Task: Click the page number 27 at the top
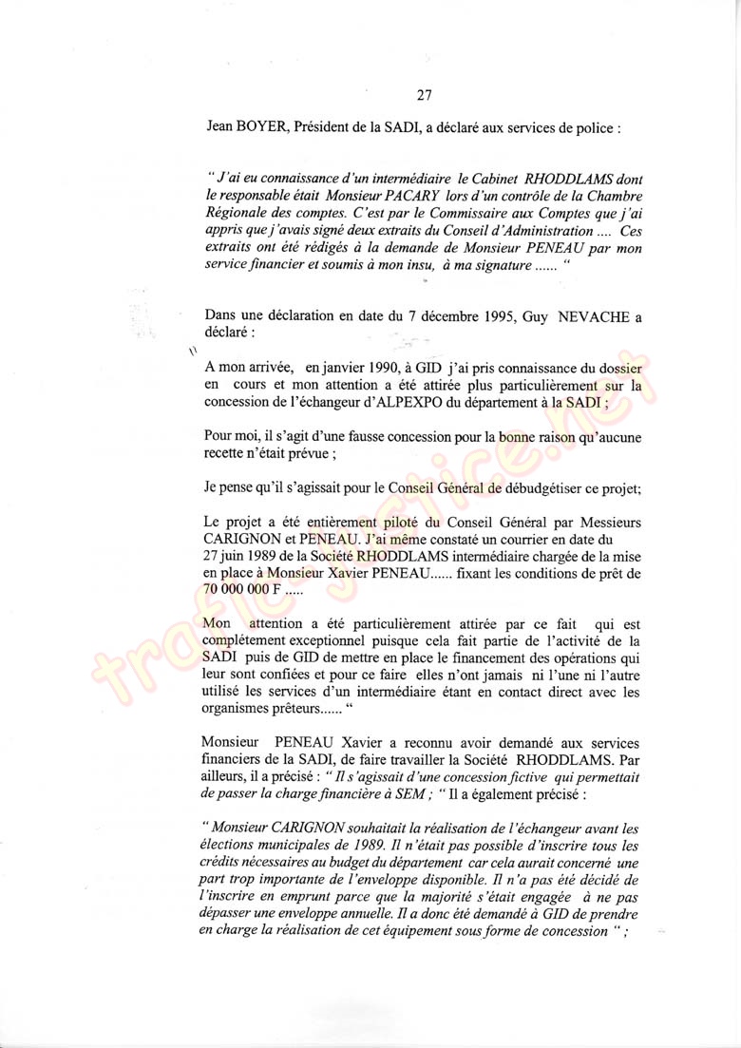click(425, 94)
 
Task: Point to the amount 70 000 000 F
click(243, 590)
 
